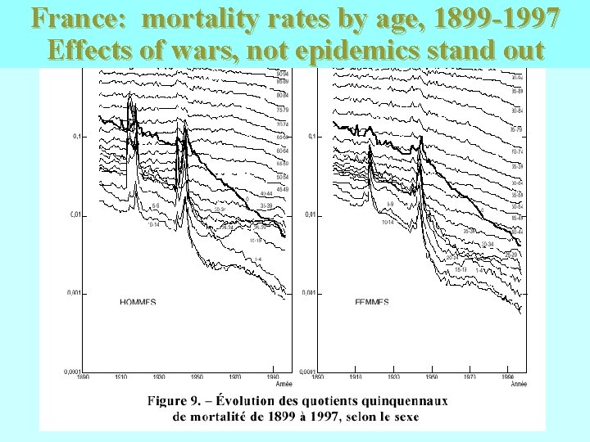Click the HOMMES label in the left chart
coord(138,301)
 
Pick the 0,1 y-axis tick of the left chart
coord(76,137)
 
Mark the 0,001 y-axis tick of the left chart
coord(73,293)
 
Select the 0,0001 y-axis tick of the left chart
coord(72,372)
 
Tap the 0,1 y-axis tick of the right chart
coord(311,137)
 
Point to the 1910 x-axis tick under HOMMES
coord(120,377)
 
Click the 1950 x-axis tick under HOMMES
coord(197,377)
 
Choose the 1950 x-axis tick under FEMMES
coord(432,377)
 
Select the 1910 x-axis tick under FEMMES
coord(356,377)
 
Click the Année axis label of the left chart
coord(284,383)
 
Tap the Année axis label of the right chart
coord(519,383)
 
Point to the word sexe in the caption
coord(404,416)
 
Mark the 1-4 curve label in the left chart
coord(257,259)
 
